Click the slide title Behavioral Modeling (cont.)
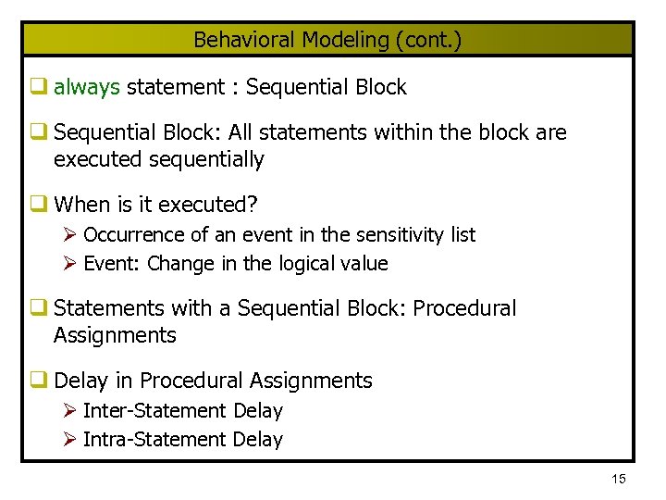click(x=327, y=40)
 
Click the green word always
click(x=87, y=88)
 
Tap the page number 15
click(x=618, y=479)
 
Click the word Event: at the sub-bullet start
click(x=112, y=264)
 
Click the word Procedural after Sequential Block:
click(x=464, y=308)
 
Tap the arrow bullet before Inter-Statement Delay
click(x=69, y=410)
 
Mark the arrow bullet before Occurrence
click(x=69, y=235)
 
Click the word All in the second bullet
click(x=242, y=132)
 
